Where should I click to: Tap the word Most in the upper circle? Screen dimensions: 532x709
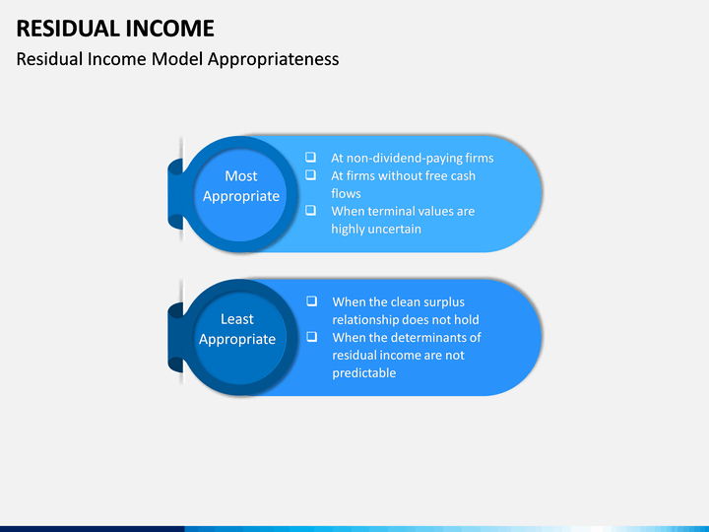pos(241,176)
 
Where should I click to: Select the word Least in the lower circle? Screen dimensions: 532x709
pos(237,319)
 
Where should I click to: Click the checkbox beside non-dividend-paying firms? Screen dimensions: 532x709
pos(310,158)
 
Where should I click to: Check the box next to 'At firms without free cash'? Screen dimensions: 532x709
pos(310,175)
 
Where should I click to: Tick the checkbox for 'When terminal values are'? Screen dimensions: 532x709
pos(310,211)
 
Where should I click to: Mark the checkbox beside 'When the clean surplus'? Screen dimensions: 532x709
pos(311,301)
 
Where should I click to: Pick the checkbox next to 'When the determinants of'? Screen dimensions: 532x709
pos(311,337)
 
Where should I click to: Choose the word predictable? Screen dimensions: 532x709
pos(364,372)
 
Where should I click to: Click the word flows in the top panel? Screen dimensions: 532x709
pos(346,193)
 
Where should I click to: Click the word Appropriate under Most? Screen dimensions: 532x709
pos(241,196)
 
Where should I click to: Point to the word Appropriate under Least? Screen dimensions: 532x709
pos(237,339)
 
